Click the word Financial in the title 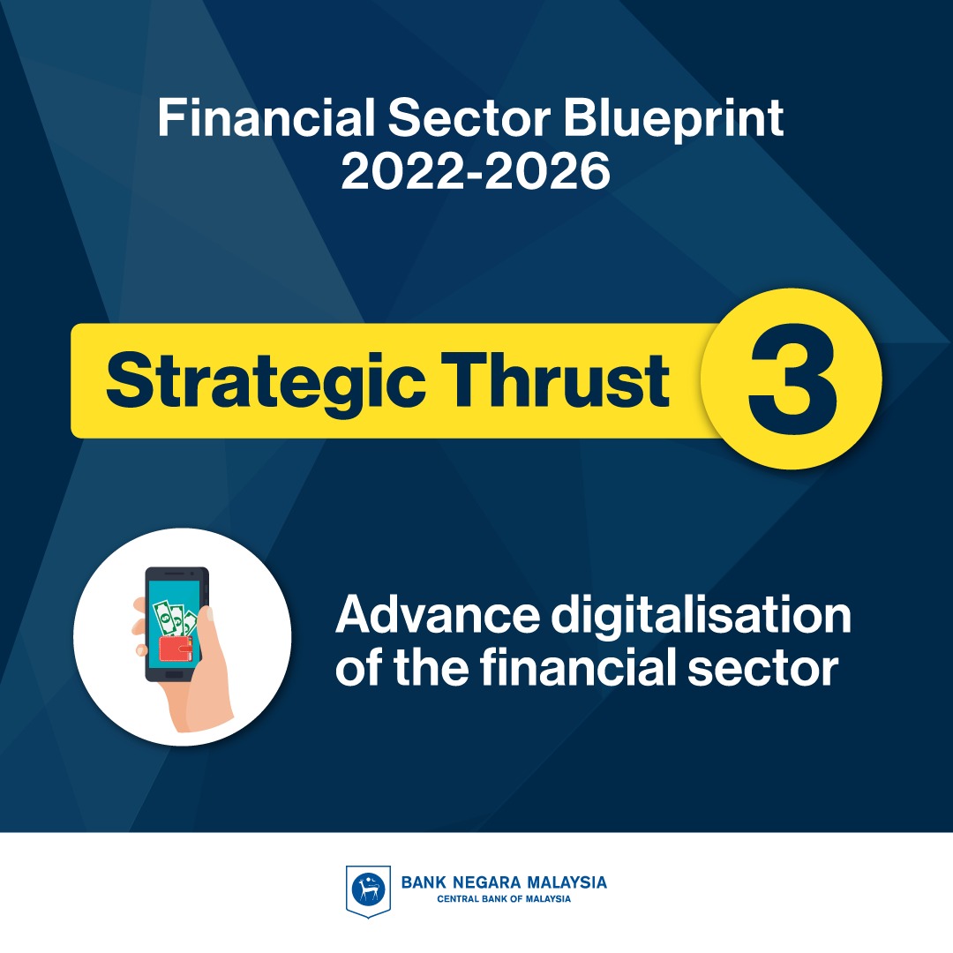(266, 117)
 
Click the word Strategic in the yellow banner (266, 382)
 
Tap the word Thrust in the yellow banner (554, 379)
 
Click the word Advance (438, 615)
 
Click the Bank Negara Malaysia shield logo (368, 891)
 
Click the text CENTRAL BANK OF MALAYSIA (504, 899)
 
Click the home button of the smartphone (175, 675)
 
